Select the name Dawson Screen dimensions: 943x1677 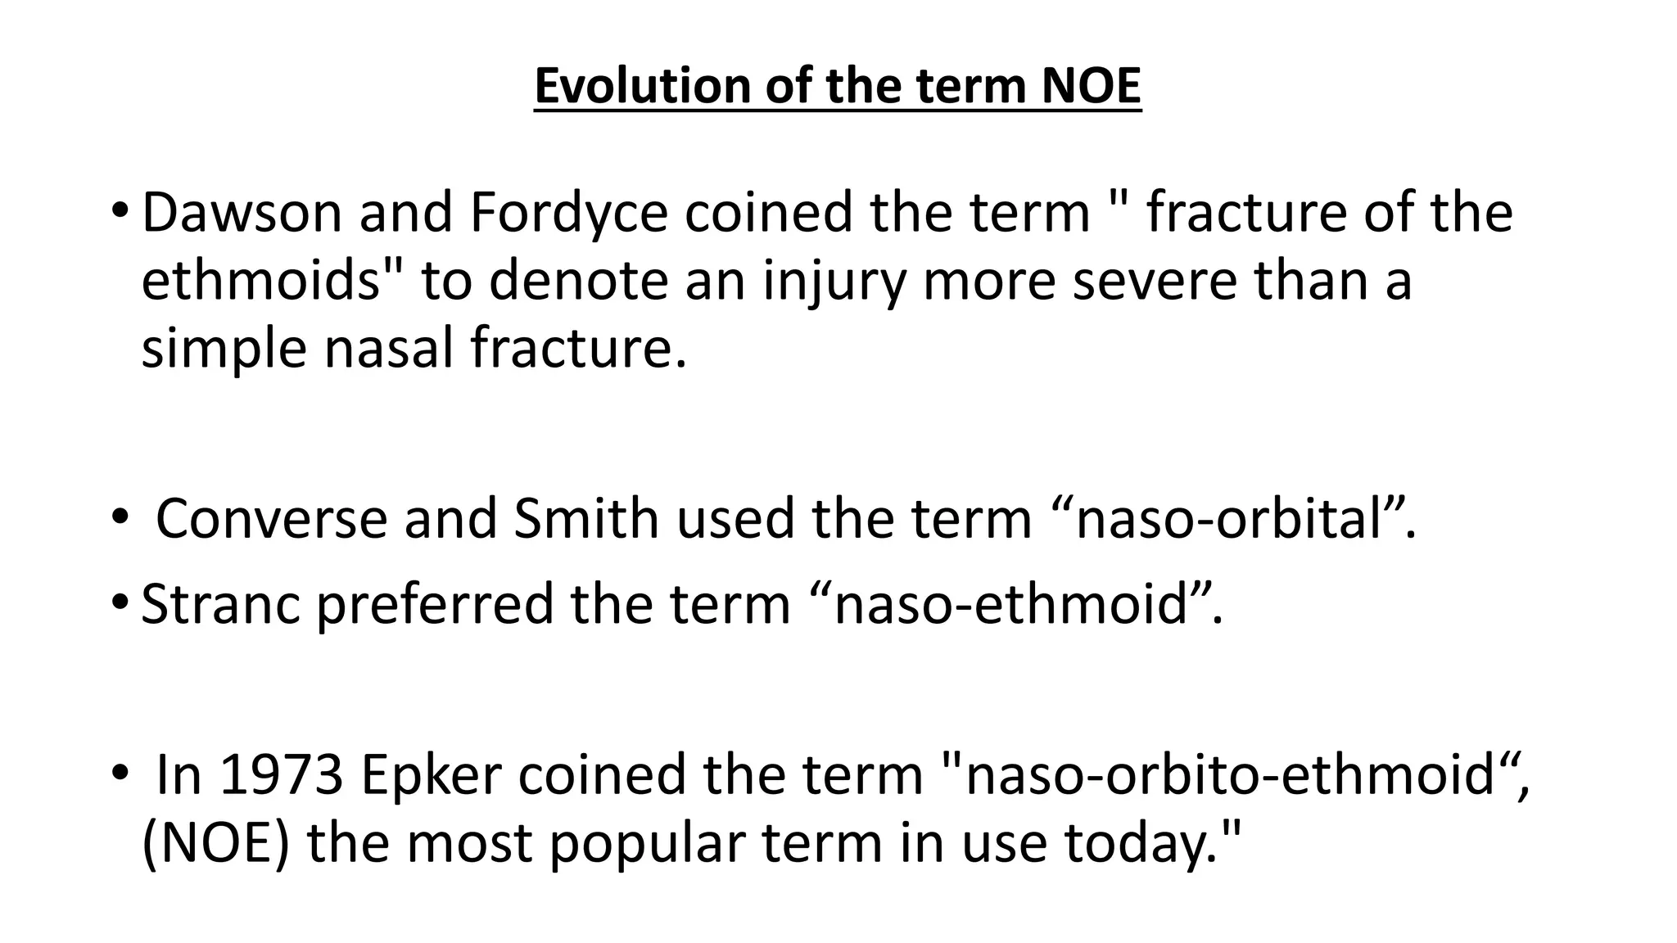point(241,212)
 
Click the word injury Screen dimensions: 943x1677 point(834,282)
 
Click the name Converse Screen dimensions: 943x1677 point(271,518)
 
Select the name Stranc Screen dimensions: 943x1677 point(220,603)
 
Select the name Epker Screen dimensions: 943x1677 point(430,774)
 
